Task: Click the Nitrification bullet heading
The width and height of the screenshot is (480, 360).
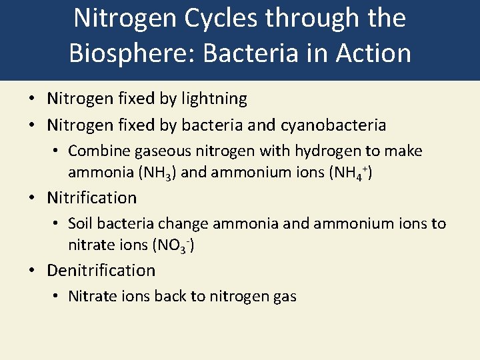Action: [91, 197]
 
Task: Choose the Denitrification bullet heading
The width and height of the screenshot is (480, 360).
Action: [101, 270]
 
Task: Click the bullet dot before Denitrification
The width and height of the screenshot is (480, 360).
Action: [32, 271]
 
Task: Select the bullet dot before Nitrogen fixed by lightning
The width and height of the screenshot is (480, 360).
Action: [32, 99]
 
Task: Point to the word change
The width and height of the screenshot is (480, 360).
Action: [185, 223]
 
